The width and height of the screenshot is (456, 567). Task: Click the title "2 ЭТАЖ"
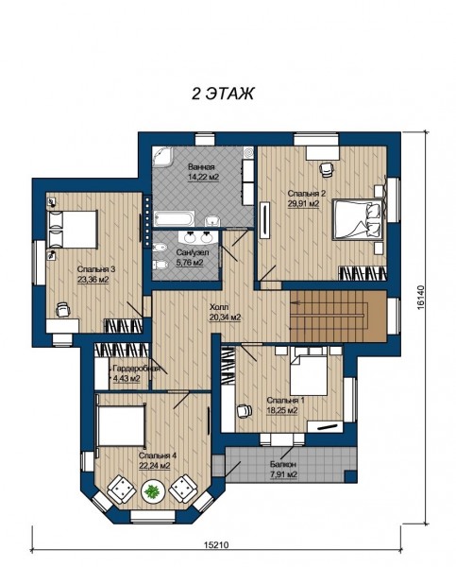click(222, 94)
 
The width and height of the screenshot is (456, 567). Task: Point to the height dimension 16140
click(420, 298)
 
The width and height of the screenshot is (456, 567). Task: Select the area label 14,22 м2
click(203, 178)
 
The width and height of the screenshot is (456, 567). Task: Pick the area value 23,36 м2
click(93, 279)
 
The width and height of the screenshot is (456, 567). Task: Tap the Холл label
click(219, 308)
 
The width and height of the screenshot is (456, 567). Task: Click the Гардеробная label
click(136, 369)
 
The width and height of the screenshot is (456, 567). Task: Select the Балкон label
click(283, 464)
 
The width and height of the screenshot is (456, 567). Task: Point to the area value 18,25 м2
click(282, 410)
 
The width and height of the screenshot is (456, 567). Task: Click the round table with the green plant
click(153, 490)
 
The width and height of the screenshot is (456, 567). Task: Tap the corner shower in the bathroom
click(162, 157)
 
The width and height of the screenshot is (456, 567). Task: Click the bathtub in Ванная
click(175, 218)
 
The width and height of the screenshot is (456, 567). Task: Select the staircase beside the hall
click(338, 316)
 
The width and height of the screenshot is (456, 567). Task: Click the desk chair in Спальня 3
click(63, 310)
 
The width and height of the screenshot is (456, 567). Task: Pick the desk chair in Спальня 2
click(327, 169)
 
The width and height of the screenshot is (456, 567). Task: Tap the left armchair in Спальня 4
click(122, 490)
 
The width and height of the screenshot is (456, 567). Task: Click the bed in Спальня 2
click(358, 219)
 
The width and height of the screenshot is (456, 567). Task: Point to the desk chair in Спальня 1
click(245, 411)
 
